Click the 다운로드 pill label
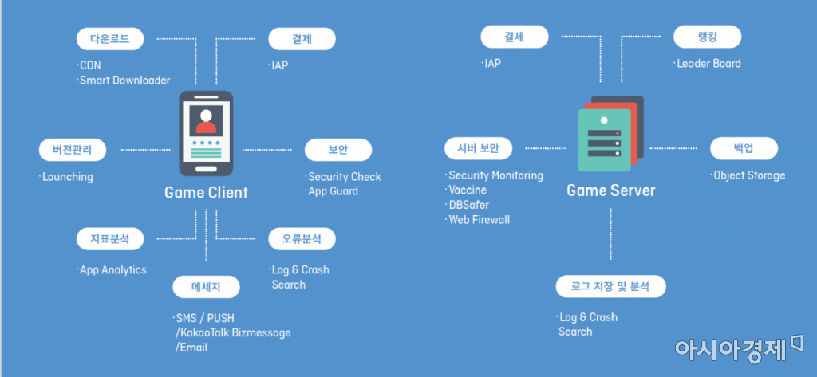click(109, 39)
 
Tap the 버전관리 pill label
click(73, 151)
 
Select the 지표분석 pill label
click(109, 239)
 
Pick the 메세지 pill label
click(207, 286)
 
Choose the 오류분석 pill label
click(302, 239)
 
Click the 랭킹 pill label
click(707, 37)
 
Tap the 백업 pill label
click(744, 148)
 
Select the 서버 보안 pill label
click(479, 148)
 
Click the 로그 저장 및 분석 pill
click(610, 286)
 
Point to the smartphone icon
click(206, 134)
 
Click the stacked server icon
click(610, 133)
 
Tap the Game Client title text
click(207, 193)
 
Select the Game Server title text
click(610, 190)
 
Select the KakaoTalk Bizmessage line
click(233, 332)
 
